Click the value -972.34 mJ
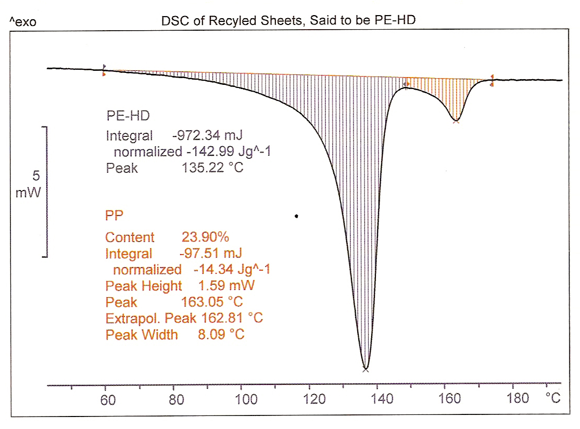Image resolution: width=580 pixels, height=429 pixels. tap(207, 136)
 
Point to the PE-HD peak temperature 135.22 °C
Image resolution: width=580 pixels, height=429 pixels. tap(212, 169)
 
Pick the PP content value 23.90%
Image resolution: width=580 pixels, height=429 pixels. tap(205, 237)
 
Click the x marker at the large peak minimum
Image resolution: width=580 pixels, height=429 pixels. tap(365, 369)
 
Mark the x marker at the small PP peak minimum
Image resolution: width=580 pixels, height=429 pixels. tap(456, 121)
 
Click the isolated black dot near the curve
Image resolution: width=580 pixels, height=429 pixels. tap(296, 216)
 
